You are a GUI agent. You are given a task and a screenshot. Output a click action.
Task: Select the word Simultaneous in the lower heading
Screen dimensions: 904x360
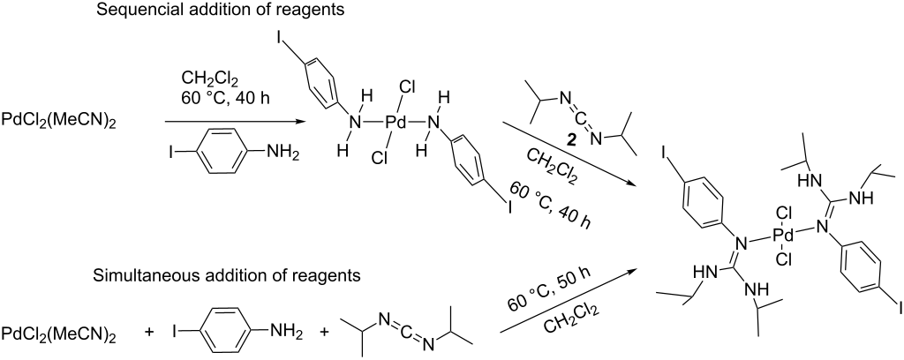(x=125, y=276)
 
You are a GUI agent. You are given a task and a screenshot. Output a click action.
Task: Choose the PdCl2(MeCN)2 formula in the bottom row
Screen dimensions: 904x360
(x=58, y=334)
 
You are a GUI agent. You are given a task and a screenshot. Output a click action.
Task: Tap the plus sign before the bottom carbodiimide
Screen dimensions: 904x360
(x=323, y=334)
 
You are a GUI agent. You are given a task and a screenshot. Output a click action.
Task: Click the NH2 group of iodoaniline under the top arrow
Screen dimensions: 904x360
(x=281, y=154)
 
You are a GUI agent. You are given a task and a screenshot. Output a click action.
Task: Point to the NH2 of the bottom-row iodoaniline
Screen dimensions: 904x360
(x=281, y=334)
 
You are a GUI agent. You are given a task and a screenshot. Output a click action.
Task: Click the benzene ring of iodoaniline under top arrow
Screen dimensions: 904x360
(x=221, y=154)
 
